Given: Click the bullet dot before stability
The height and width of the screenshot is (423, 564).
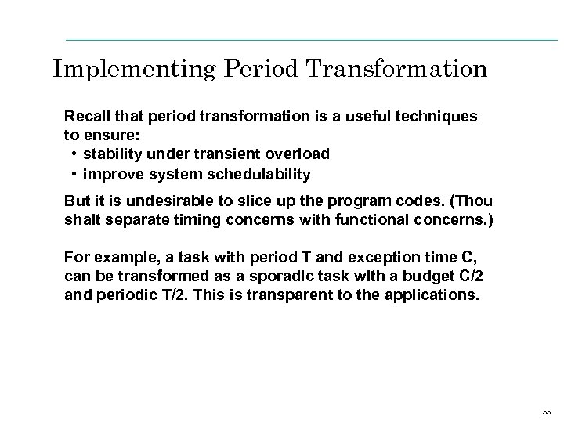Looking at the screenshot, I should (73, 154).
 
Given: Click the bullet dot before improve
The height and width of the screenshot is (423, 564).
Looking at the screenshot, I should (73, 173).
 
